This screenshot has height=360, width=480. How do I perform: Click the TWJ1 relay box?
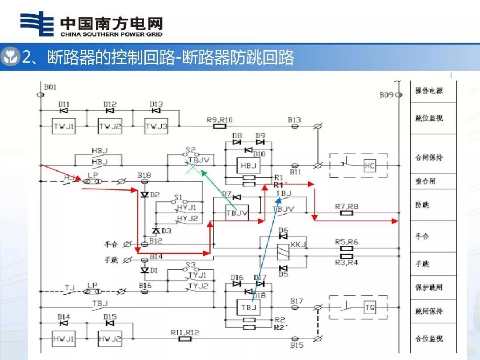pyautogui.click(x=64, y=126)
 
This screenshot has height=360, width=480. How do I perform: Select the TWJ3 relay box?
pyautogui.click(x=156, y=126)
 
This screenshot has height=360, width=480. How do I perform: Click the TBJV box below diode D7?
pyautogui.click(x=237, y=213)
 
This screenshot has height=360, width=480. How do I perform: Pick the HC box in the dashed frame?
pyautogui.click(x=370, y=166)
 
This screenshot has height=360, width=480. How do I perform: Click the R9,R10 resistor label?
pyautogui.click(x=219, y=120)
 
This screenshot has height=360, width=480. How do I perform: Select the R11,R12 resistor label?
pyautogui.click(x=184, y=332)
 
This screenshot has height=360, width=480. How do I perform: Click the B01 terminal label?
pyautogui.click(x=50, y=87)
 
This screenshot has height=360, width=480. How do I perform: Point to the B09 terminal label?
pyautogui.click(x=386, y=95)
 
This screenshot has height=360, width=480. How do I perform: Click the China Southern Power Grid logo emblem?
pyautogui.click(x=37, y=24)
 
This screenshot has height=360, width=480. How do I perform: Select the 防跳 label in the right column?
pyautogui.click(x=422, y=205)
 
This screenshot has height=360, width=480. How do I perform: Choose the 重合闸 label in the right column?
pyautogui.click(x=425, y=181)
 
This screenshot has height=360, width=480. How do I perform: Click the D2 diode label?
pyautogui.click(x=154, y=194)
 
